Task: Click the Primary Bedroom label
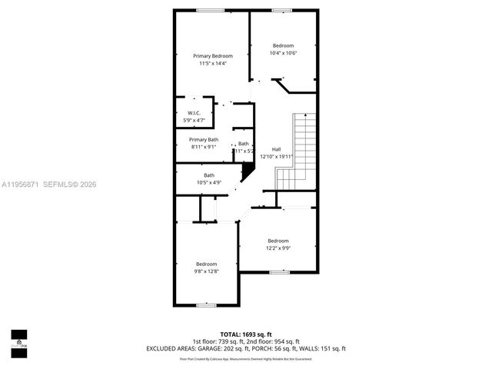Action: click(212, 56)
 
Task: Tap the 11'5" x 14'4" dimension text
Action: click(212, 64)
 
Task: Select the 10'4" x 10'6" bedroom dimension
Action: click(283, 53)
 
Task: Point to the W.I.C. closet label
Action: click(194, 113)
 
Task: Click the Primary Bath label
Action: click(204, 139)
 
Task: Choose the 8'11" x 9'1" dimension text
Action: click(204, 147)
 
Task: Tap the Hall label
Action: click(276, 149)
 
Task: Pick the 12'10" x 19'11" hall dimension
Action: click(277, 156)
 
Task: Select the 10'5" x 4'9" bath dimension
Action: click(209, 182)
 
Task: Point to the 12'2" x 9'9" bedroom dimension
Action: click(278, 248)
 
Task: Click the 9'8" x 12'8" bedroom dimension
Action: click(206, 271)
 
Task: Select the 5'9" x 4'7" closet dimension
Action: click(194, 121)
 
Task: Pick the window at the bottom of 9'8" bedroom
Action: click(206, 305)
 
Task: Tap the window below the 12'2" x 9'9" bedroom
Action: click(279, 272)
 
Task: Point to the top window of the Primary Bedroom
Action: click(210, 10)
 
